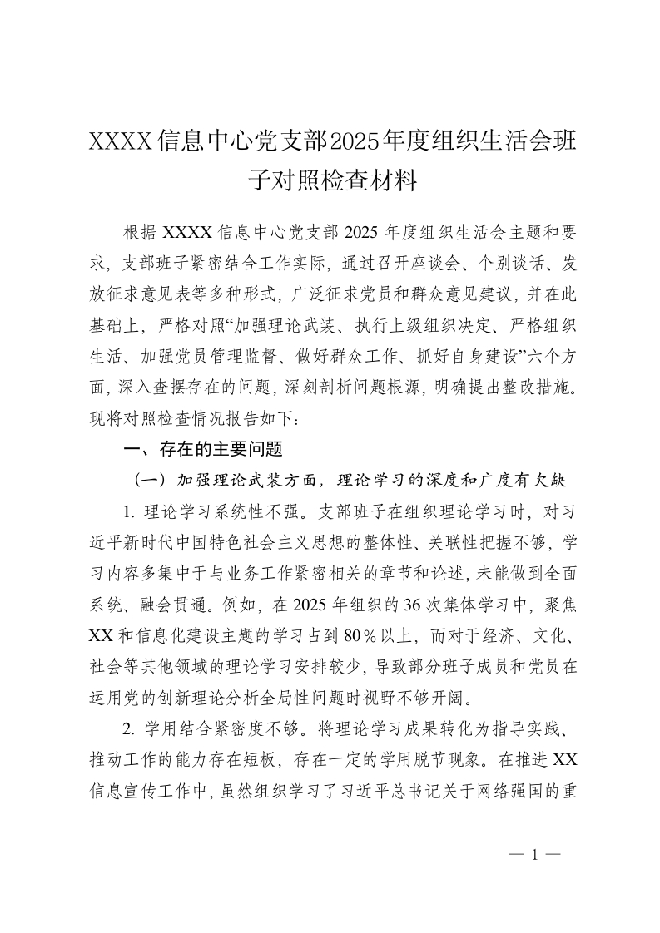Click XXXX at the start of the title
[121, 142]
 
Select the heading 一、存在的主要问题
[203, 450]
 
